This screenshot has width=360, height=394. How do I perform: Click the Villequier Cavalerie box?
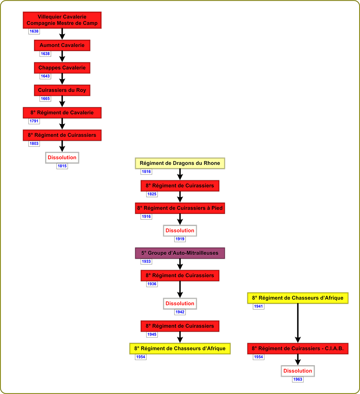(x=62, y=20)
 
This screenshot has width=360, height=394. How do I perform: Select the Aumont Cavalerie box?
(x=62, y=45)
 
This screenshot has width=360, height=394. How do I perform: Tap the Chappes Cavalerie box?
(x=62, y=68)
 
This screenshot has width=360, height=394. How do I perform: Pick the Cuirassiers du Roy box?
(x=62, y=90)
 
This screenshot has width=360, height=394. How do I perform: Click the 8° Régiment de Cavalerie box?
(x=62, y=113)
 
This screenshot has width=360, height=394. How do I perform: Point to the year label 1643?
(x=45, y=76)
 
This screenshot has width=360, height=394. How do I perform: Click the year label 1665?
(x=45, y=98)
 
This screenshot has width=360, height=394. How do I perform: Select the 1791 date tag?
(x=34, y=121)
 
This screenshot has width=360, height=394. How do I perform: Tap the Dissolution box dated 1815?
(x=62, y=158)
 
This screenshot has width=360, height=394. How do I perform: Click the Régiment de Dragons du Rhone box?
(x=180, y=163)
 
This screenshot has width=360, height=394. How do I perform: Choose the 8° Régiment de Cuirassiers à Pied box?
(x=180, y=208)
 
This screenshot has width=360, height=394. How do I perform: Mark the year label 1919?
(x=180, y=239)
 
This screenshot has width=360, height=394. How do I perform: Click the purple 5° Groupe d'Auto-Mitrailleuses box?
(x=180, y=253)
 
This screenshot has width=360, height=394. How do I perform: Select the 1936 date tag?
(x=152, y=284)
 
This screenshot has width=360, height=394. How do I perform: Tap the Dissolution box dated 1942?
(x=180, y=304)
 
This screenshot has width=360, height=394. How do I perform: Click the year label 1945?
(x=152, y=334)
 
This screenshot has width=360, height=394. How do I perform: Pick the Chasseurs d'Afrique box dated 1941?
(x=298, y=298)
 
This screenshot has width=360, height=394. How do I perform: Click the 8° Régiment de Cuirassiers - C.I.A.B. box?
(x=298, y=348)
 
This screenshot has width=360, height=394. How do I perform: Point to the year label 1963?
(x=298, y=380)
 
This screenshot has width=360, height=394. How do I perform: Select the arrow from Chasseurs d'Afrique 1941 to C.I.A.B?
(x=298, y=323)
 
